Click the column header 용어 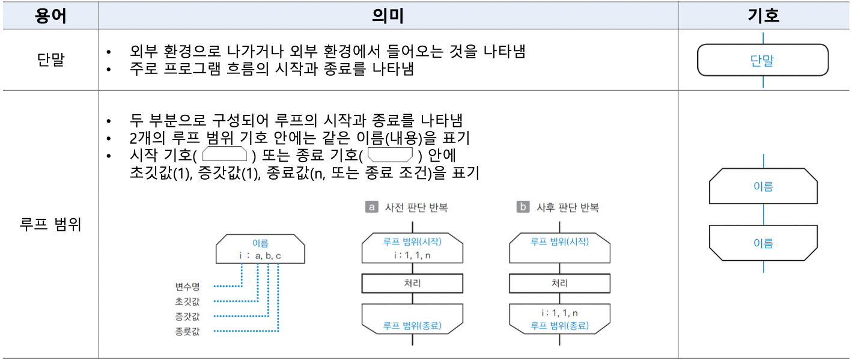coord(50,16)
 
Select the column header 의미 coord(388,16)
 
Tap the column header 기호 coord(763,16)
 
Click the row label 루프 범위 coord(50,225)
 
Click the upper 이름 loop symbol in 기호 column coord(763,187)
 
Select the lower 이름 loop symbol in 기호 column coord(763,243)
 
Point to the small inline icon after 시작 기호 coord(225,154)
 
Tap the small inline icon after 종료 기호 coord(391,154)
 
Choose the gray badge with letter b coord(523,207)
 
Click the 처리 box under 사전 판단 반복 coord(412,283)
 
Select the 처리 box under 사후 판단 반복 coord(559,283)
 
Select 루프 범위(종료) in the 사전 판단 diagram coord(412,326)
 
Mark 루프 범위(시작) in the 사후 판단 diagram coord(559,242)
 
